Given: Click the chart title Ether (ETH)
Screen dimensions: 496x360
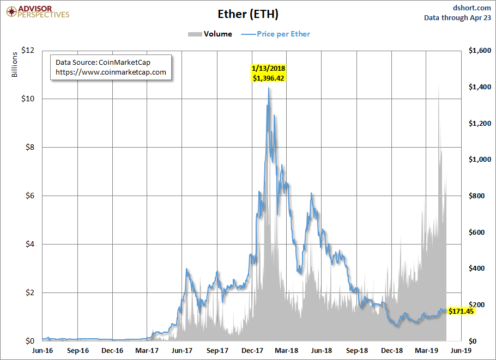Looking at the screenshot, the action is (248, 14).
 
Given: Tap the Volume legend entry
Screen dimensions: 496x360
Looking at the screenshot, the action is (210, 34).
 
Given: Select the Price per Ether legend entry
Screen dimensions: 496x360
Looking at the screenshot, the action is (275, 34).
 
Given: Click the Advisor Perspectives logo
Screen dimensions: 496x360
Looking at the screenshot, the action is (38, 12).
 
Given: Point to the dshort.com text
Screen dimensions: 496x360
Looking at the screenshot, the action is (471, 8).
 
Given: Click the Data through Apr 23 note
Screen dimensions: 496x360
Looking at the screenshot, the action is (457, 17).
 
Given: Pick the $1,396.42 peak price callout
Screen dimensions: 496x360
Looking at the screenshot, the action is (269, 78).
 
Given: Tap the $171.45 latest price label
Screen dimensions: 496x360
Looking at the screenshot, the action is (461, 312).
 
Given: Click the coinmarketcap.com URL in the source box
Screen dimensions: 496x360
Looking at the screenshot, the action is (111, 72).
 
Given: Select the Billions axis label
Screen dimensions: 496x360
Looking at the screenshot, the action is (14, 64).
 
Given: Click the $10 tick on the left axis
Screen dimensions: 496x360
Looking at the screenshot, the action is (28, 99).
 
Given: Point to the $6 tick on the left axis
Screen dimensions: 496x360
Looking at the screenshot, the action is (30, 196).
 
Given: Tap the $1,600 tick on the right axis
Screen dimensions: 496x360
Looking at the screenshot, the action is (480, 50).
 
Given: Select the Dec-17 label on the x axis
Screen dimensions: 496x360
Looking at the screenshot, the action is (252, 351).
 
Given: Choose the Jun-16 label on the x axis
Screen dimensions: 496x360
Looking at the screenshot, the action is (43, 351).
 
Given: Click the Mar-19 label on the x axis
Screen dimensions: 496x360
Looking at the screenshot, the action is (426, 351).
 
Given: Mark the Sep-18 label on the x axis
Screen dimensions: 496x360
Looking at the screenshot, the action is (357, 351).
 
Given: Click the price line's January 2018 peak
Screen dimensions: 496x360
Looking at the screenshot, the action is (269, 88).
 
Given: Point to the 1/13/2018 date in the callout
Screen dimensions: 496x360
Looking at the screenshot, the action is (269, 68).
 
